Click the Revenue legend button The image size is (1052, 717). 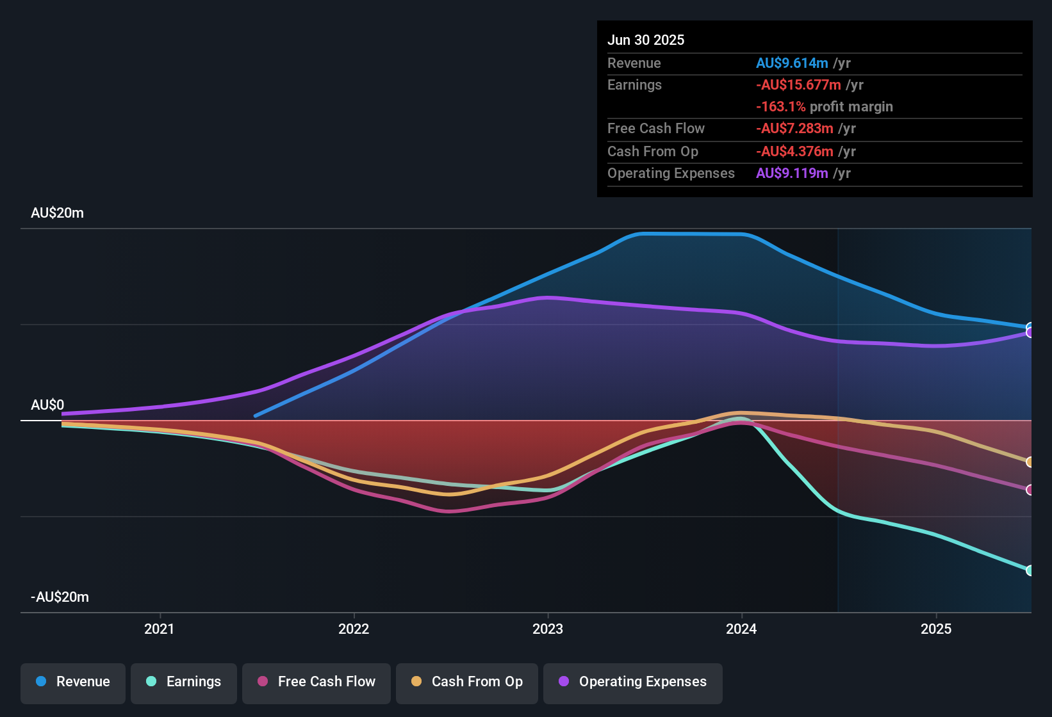point(73,682)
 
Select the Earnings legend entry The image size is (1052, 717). point(184,682)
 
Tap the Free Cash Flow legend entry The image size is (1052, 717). point(316,682)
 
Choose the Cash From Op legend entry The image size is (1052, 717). point(467,682)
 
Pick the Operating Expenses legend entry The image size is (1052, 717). point(633,682)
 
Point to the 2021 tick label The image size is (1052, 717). point(160,629)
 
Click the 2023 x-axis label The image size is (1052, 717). point(548,629)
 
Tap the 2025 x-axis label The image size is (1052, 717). point(936,629)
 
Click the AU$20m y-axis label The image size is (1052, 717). point(58,213)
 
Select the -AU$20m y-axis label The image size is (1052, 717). point(60,597)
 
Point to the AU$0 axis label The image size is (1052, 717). point(48,405)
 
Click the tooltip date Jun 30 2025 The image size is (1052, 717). point(646,40)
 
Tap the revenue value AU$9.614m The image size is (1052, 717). point(792,63)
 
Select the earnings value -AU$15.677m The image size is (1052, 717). point(798,85)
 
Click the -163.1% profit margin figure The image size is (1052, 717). point(780,107)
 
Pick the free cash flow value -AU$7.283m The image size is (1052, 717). point(794,129)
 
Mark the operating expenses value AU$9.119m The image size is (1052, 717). point(792,173)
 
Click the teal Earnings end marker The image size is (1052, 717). point(1030,570)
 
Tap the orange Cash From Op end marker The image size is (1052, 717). point(1030,462)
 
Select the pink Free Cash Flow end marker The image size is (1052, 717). point(1030,490)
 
